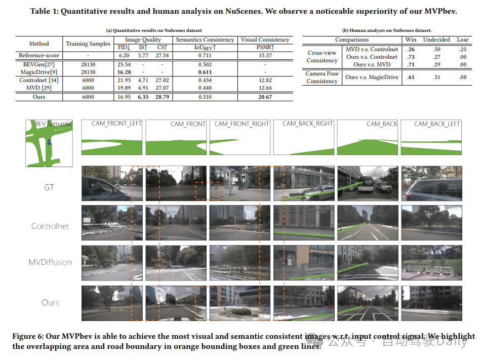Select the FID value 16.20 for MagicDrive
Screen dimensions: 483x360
point(124,72)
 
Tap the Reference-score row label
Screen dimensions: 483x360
point(39,55)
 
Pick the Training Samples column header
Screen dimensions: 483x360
point(88,44)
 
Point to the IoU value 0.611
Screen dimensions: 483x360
point(205,72)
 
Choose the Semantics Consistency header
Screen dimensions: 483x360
point(205,39)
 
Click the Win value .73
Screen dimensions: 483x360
point(411,57)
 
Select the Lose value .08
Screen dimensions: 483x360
point(463,77)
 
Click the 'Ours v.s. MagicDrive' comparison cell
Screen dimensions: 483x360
point(372,77)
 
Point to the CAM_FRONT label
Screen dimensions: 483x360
point(188,124)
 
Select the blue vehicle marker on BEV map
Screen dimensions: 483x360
point(49,143)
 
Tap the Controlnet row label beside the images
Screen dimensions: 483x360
point(50,226)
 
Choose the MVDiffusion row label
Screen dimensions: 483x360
point(50,262)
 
